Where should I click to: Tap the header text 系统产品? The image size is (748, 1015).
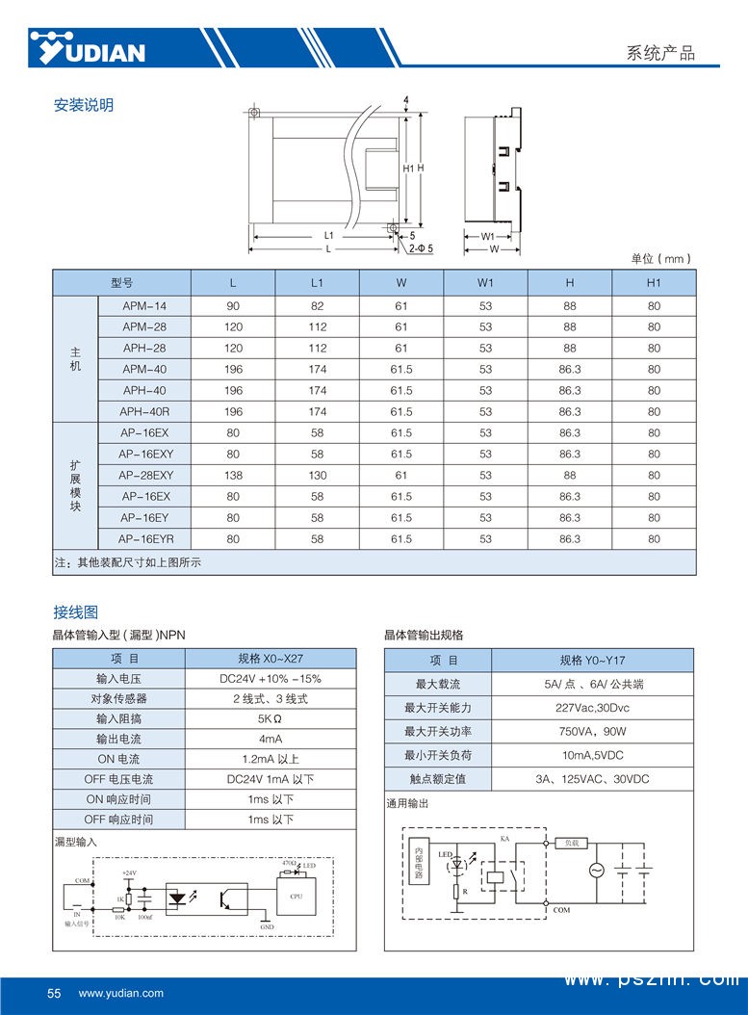[660, 54]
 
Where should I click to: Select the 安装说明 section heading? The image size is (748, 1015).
[84, 105]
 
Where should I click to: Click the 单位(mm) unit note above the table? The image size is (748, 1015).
[661, 259]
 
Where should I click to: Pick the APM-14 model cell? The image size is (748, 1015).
[144, 306]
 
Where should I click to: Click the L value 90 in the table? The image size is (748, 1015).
[233, 306]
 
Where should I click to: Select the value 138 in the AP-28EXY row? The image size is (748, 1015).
[233, 476]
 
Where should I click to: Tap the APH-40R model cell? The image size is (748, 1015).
[144, 412]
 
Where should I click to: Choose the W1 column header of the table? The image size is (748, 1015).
[485, 283]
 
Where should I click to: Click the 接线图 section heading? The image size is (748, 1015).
[75, 612]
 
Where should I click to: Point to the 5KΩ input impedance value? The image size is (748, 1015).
[271, 719]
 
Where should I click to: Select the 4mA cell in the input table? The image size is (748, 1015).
[271, 740]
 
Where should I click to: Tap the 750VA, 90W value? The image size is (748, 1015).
[592, 732]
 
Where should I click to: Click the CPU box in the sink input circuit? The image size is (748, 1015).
[296, 896]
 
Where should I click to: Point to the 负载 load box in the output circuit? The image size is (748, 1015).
[572, 843]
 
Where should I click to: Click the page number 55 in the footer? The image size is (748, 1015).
[54, 993]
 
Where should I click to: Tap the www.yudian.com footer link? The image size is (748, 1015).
[121, 993]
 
